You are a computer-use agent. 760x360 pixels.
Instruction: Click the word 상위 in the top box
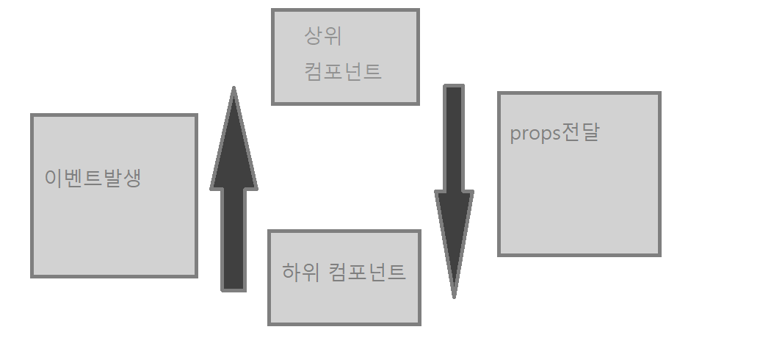click(323, 35)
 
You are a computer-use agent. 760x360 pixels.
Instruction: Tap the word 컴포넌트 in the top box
click(343, 72)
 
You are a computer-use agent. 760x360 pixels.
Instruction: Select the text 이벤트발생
click(93, 179)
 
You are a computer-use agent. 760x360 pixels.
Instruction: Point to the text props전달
click(554, 134)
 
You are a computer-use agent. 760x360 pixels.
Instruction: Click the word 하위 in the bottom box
click(300, 272)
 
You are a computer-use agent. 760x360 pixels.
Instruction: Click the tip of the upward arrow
click(234, 91)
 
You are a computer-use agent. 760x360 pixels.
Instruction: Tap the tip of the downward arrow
click(454, 294)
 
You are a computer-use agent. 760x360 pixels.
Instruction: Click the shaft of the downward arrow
click(454, 140)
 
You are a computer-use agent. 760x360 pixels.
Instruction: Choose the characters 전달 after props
click(581, 133)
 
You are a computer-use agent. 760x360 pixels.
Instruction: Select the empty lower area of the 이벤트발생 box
click(114, 235)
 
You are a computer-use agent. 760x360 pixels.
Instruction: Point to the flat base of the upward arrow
click(234, 288)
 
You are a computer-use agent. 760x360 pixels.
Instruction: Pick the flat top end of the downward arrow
click(454, 88)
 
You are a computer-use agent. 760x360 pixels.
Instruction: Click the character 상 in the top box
click(314, 35)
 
